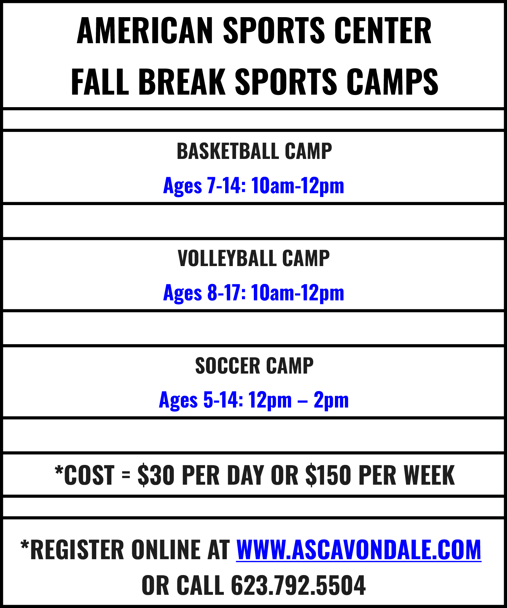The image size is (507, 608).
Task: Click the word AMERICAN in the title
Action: (x=145, y=31)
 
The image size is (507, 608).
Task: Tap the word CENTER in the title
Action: (x=383, y=31)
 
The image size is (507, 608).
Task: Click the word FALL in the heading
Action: (x=100, y=82)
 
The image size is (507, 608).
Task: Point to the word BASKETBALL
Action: (x=228, y=151)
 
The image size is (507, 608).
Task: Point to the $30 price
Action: (x=156, y=475)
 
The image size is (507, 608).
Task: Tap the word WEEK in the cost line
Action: (x=429, y=475)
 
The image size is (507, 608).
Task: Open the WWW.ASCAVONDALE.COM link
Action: (x=359, y=550)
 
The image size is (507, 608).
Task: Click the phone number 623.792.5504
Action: (x=298, y=585)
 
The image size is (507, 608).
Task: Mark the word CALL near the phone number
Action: (x=200, y=585)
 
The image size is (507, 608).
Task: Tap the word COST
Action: (x=89, y=475)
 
